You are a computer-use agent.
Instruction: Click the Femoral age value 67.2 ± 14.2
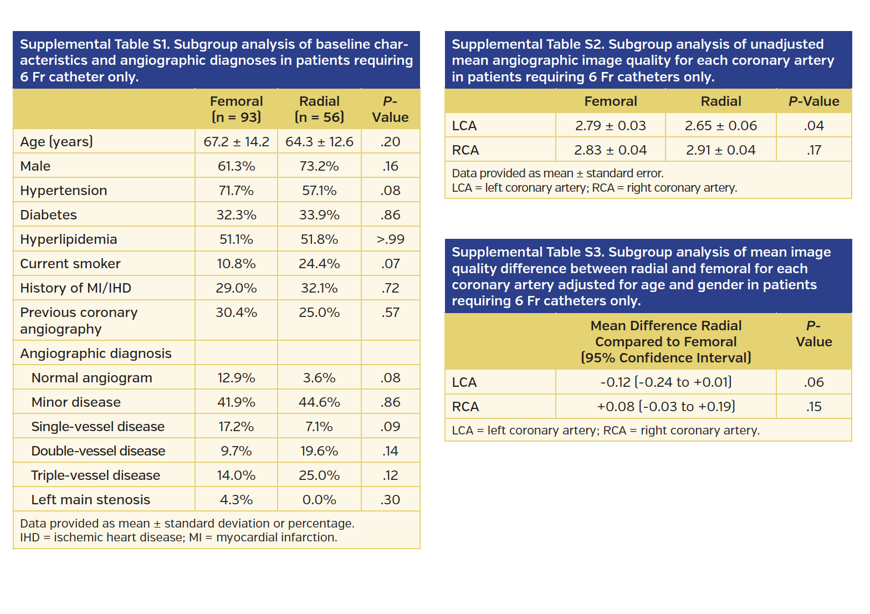point(236,142)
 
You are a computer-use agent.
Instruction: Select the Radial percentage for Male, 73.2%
point(319,166)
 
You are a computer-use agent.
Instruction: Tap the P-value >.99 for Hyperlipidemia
point(390,239)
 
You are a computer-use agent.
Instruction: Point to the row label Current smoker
point(70,264)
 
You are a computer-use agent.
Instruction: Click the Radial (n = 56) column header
point(319,109)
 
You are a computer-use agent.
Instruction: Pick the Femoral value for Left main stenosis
point(236,500)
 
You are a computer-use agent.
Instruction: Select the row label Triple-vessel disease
point(95,475)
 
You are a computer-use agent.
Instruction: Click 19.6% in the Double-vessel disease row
point(319,451)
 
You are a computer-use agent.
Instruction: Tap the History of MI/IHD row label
point(75,288)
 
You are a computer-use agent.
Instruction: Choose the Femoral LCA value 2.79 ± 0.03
point(610,126)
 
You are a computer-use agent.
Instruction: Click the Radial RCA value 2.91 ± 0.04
point(720,150)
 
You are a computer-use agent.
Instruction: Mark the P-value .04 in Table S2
point(813,126)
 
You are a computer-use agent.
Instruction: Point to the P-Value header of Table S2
point(813,101)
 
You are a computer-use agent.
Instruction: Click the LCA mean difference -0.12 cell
point(666,382)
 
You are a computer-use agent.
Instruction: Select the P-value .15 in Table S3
point(813,407)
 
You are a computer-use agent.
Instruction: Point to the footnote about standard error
point(557,173)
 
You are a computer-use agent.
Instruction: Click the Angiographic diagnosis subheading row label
point(96,354)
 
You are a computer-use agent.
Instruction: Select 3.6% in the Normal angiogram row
point(319,378)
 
